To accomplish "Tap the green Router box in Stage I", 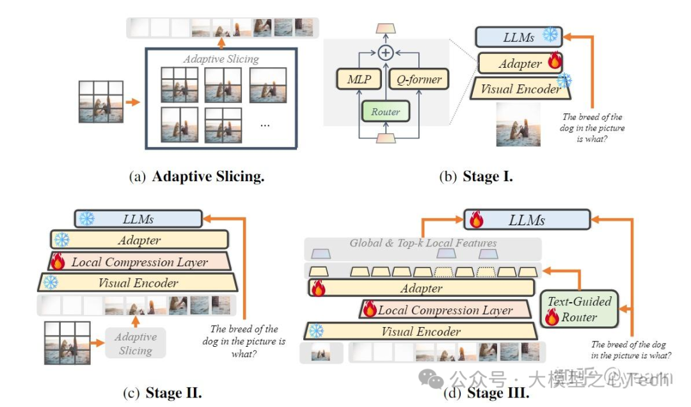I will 385,111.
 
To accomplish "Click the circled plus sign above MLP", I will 385,52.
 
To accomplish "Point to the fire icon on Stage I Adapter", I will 553,62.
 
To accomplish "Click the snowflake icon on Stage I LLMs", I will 550,35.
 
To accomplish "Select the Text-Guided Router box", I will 578,308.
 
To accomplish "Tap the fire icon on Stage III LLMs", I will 476,219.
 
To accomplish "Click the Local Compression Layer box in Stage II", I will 139,262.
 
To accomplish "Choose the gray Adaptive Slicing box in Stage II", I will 136,344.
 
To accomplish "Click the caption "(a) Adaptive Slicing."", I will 196,177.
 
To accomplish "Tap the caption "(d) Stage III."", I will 486,392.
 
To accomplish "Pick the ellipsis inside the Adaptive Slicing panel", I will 265,124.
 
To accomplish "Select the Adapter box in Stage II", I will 139,240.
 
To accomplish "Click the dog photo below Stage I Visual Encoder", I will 518,125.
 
